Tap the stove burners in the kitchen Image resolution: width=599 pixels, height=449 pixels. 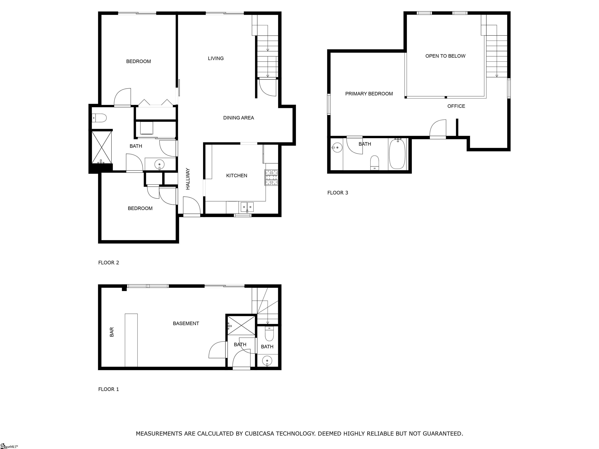271,177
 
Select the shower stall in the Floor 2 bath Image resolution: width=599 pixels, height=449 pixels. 102,147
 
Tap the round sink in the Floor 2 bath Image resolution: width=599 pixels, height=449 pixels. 159,164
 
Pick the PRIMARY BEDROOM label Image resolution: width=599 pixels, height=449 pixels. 369,94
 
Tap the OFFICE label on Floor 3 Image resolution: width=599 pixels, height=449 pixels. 456,106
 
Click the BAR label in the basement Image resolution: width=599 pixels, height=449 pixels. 112,332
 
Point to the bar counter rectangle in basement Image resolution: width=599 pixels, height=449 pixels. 131,340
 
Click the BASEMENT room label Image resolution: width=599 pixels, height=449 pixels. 186,323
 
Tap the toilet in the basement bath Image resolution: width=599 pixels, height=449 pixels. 269,334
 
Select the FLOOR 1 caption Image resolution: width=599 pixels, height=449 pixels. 108,389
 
